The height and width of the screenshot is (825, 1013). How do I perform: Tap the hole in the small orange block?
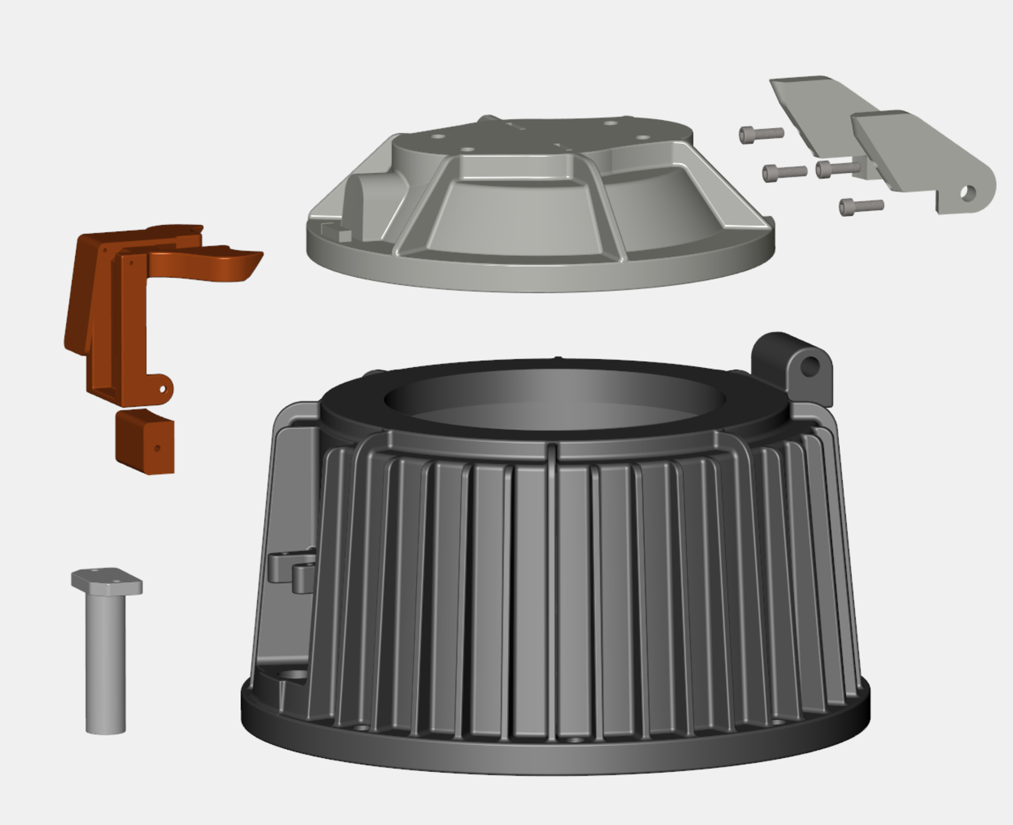158,448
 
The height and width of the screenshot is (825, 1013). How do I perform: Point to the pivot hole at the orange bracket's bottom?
163,388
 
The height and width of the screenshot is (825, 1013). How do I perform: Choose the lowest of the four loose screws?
861,206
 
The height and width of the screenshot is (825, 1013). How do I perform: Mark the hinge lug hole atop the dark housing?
811,367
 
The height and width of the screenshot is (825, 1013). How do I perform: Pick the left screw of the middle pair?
784,172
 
